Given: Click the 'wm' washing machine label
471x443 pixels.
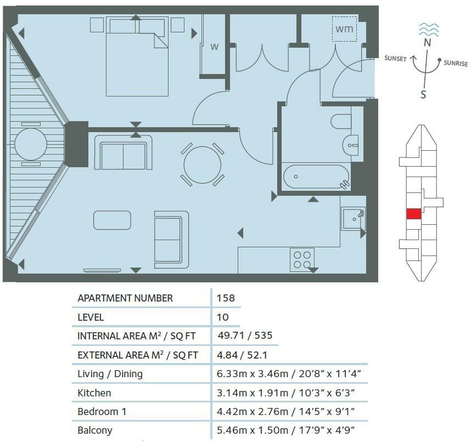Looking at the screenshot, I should [345, 28].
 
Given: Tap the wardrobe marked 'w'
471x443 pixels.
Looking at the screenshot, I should [214, 47].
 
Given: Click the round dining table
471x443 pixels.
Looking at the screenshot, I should [203, 164].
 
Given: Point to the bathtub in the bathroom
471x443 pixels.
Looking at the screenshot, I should [316, 177].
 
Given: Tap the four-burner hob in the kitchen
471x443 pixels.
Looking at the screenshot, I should [301, 259].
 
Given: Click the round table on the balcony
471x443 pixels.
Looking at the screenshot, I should [31, 145].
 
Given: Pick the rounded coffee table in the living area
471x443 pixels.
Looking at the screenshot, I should [112, 220].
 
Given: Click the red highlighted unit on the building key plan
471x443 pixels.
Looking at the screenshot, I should [413, 214].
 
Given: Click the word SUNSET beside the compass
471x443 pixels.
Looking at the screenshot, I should [395, 59].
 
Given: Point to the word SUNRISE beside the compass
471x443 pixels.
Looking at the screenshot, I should [456, 64].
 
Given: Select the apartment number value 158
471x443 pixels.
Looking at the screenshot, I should [226, 298].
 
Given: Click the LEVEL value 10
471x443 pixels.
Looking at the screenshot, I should [222, 317].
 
